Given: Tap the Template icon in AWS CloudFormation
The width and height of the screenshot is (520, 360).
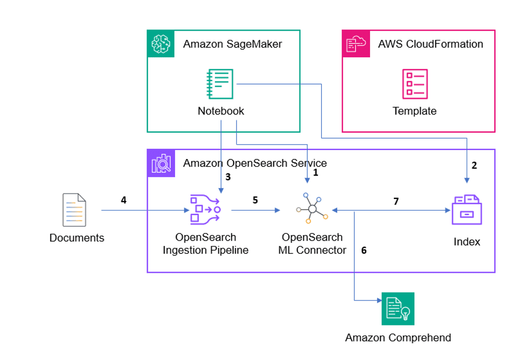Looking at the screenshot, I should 414,84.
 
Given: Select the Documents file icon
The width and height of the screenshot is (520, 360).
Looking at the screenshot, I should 74,210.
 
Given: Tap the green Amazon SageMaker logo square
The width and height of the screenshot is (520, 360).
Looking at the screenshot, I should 160,43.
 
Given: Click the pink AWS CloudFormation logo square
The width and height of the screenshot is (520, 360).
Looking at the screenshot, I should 355,43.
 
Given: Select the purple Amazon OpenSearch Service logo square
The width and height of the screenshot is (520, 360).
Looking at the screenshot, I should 160,163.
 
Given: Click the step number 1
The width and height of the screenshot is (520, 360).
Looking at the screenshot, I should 316,173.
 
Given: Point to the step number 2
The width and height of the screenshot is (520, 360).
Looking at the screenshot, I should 474,165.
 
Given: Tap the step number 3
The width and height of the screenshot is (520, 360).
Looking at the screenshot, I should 227,177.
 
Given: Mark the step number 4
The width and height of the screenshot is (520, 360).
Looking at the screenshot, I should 123,200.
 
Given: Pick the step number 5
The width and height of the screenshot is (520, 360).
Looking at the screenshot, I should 255,200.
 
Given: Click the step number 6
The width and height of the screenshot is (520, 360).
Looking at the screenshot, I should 364,250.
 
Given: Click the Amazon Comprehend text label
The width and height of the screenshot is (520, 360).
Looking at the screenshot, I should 398,338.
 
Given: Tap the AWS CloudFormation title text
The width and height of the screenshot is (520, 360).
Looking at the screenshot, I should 431,44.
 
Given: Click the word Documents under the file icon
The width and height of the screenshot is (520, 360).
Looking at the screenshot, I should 77,238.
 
